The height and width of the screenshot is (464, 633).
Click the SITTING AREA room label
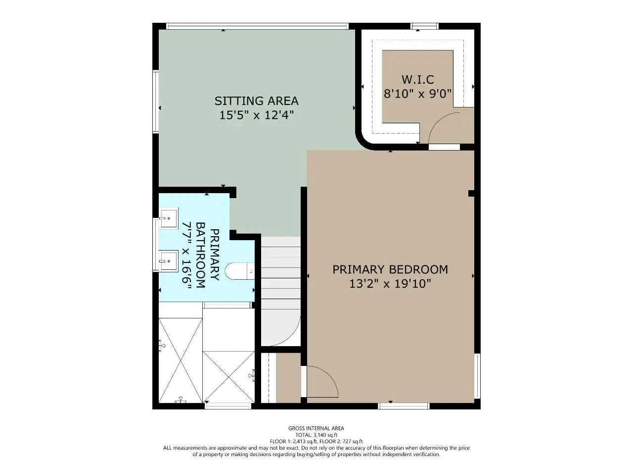pos(256,101)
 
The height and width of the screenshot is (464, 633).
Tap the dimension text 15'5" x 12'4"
pos(257,115)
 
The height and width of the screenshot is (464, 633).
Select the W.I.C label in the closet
pos(418,80)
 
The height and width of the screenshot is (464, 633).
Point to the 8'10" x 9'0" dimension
pos(418,94)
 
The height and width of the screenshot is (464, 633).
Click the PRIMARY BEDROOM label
pos(390,269)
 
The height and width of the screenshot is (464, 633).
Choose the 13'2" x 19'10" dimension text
pos(390,283)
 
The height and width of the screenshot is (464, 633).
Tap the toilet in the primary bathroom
pos(240,271)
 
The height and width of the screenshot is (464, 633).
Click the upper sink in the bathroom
pos(169,218)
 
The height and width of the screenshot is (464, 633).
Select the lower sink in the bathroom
pos(169,261)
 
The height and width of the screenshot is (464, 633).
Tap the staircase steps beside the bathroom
pos(280,291)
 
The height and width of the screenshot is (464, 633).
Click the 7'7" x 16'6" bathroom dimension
pos(186,256)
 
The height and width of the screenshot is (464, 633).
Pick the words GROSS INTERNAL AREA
pos(316,428)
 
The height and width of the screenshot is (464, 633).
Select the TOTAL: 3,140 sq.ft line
pos(316,435)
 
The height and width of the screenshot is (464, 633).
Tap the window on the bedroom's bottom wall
pos(404,406)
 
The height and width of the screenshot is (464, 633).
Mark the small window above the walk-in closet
pos(424,26)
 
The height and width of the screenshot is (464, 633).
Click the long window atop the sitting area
pos(257,26)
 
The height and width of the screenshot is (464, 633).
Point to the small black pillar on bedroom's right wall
pos(471,194)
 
